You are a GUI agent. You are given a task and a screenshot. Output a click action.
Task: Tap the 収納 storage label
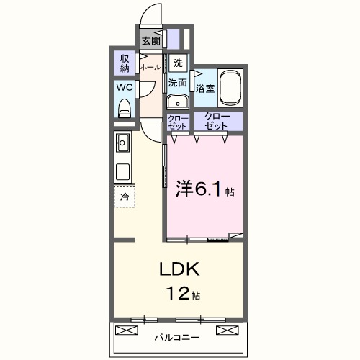coord(125,64)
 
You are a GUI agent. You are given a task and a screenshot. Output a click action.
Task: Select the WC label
coord(124,89)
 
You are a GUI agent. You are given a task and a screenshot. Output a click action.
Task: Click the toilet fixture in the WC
coord(124,109)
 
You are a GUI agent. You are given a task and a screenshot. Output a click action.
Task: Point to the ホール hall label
coord(150,67)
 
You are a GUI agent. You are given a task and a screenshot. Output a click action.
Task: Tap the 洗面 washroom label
coord(178,83)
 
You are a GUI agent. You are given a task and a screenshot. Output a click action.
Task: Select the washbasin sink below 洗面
coord(177,100)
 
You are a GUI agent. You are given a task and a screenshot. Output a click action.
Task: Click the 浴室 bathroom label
coord(206,89)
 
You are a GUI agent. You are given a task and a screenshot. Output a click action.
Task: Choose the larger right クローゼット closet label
coord(217,121)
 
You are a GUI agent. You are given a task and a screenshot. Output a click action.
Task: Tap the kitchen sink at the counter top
coord(122,143)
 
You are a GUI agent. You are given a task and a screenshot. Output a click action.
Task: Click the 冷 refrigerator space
coord(125,196)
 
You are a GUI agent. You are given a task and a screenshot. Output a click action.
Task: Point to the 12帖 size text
coord(185,294)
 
